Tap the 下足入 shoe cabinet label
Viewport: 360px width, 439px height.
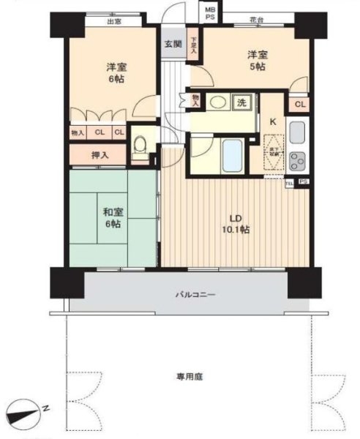pos(194,45)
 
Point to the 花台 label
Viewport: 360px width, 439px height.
pos(256,21)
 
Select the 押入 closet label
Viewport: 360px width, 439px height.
pos(100,155)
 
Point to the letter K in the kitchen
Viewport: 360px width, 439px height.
pos(273,121)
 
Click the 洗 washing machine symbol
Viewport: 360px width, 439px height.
pos(241,103)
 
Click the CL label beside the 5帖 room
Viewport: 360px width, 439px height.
pos(299,105)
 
